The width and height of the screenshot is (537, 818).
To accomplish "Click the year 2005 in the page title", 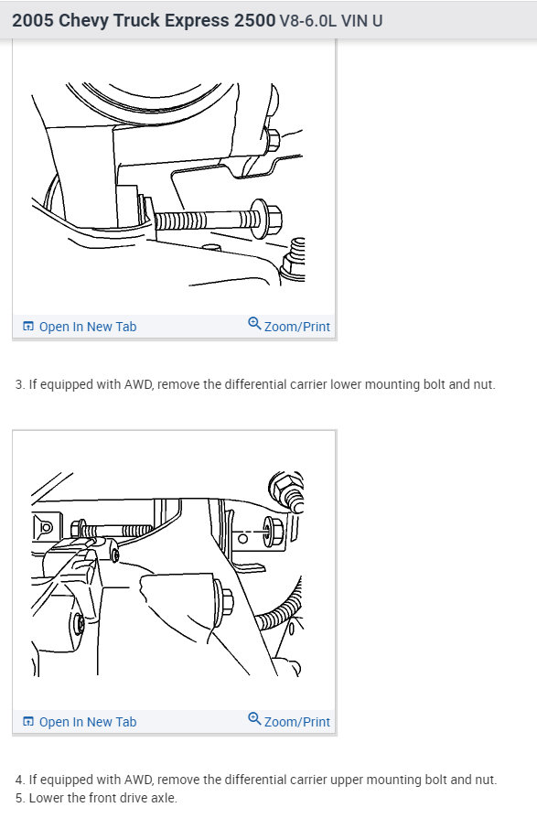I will pyautogui.click(x=33, y=19).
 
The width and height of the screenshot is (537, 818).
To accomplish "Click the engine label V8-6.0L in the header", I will pyautogui.click(x=308, y=20).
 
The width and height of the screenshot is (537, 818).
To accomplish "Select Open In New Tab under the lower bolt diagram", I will pyautogui.click(x=80, y=327).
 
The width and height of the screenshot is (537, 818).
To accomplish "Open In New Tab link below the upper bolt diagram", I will pyautogui.click(x=80, y=722).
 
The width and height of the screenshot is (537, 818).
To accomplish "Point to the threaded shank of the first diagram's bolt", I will pyautogui.click(x=188, y=221).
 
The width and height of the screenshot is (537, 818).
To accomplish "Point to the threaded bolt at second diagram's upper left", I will pyautogui.click(x=114, y=531).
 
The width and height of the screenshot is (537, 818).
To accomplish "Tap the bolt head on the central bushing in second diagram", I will pyautogui.click(x=225, y=602).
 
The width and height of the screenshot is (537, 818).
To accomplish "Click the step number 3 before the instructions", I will pyautogui.click(x=19, y=385).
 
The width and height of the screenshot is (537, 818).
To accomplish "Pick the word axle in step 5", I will pyautogui.click(x=161, y=798).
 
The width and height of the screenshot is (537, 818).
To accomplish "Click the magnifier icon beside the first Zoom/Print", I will pyautogui.click(x=254, y=325).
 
